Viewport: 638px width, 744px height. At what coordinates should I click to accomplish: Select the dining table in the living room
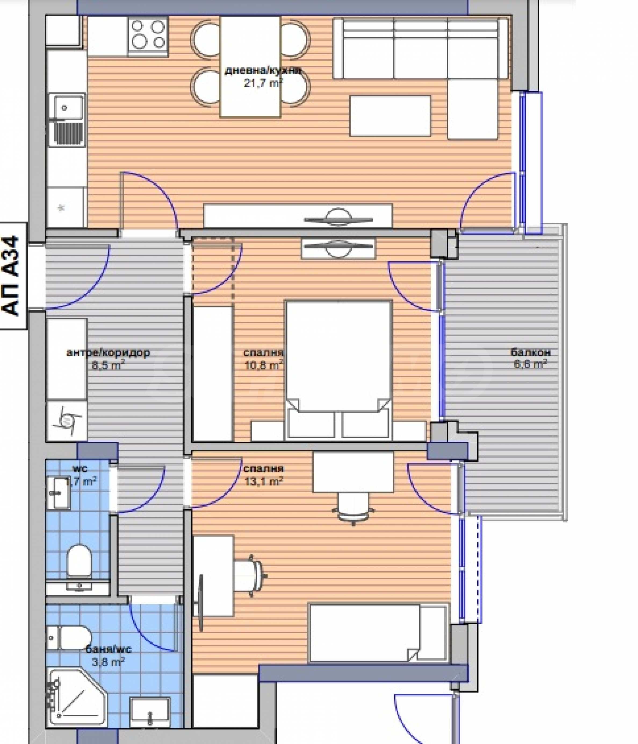250,67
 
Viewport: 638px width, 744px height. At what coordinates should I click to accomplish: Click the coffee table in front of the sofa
390,116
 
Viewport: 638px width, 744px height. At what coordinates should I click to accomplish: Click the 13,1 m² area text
264,481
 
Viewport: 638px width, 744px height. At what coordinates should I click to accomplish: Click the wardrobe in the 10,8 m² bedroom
213,373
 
